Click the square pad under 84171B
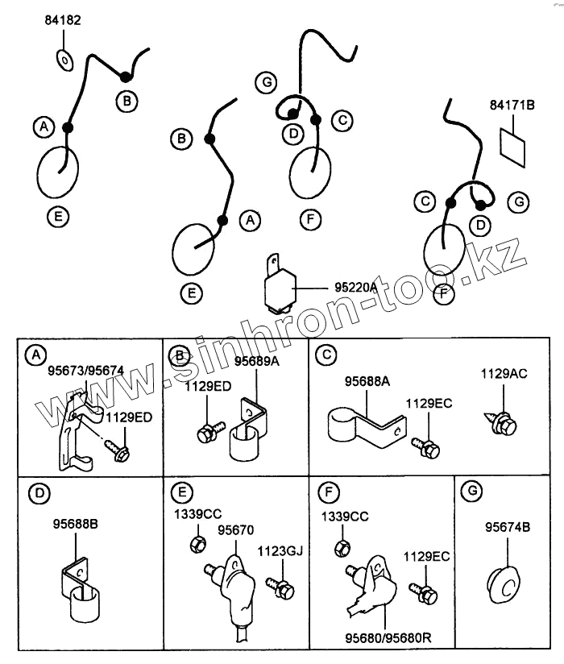tap(512, 144)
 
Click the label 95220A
tap(355, 286)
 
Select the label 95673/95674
tap(85, 371)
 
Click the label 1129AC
tap(504, 373)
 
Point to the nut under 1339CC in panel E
tap(196, 545)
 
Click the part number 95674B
tap(507, 528)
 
